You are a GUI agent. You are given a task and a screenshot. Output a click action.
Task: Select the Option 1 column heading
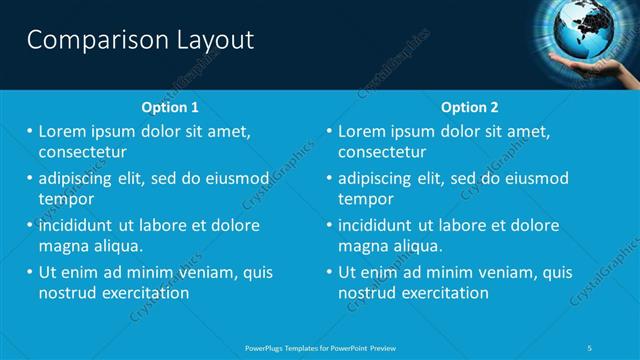click(x=171, y=107)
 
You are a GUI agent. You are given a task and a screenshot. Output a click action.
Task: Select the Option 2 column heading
click(x=470, y=107)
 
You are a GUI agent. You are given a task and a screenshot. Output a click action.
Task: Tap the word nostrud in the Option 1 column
click(x=67, y=293)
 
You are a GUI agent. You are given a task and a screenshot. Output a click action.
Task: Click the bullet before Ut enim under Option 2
click(x=329, y=272)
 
